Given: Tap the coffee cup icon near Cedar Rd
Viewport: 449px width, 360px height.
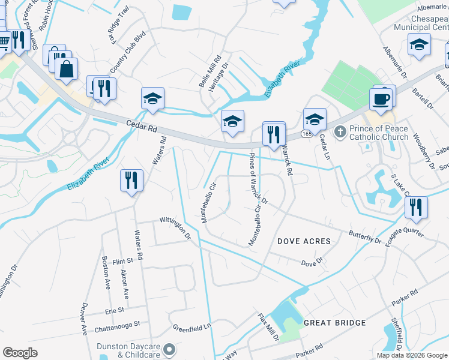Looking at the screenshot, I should [x=382, y=99].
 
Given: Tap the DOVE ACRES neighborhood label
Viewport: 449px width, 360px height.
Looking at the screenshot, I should [x=304, y=241].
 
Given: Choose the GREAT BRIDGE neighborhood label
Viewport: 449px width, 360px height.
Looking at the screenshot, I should [x=334, y=323].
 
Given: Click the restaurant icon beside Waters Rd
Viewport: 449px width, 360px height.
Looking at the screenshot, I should [x=131, y=180].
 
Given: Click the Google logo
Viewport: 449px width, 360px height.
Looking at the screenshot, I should [x=20, y=353].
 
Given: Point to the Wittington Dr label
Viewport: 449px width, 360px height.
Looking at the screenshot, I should [x=175, y=228].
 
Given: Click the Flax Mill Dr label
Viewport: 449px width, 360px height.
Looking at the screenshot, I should [x=268, y=327].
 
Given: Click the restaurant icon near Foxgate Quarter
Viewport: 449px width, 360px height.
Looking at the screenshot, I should [x=415, y=207].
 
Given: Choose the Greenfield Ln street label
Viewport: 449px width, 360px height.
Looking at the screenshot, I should [x=193, y=328].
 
